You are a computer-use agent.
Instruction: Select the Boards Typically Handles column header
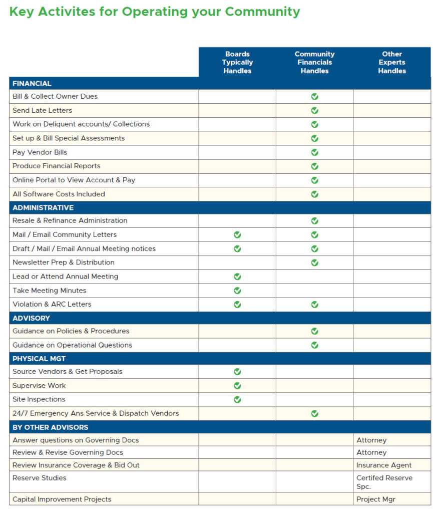pyautogui.click(x=237, y=62)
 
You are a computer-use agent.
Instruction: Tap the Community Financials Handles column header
pyautogui.click(x=314, y=62)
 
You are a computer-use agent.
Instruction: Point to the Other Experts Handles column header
pyautogui.click(x=392, y=62)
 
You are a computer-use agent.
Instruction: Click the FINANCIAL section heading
pyautogui.click(x=32, y=84)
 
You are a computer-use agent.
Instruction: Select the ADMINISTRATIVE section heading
pyautogui.click(x=43, y=208)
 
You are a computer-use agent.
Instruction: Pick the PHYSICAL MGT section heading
pyautogui.click(x=39, y=359)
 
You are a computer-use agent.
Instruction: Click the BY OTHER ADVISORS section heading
pyautogui.click(x=50, y=427)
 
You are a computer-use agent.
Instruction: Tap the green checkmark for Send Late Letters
pyautogui.click(x=314, y=110)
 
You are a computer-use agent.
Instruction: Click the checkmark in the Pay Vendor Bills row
pyautogui.click(x=314, y=152)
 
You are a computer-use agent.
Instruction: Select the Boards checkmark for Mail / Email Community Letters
pyautogui.click(x=237, y=234)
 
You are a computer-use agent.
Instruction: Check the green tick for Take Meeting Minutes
pyautogui.click(x=237, y=291)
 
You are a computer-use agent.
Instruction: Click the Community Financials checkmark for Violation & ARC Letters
pyautogui.click(x=314, y=304)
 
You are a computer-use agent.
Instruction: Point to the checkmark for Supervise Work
pyautogui.click(x=237, y=386)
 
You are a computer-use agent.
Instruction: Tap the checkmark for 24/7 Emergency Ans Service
pyautogui.click(x=314, y=413)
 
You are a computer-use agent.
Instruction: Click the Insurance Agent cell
pyautogui.click(x=384, y=465)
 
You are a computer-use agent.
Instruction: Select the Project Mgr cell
pyautogui.click(x=376, y=499)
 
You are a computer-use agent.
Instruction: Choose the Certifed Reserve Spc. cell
pyautogui.click(x=384, y=482)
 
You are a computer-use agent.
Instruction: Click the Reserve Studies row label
pyautogui.click(x=40, y=478)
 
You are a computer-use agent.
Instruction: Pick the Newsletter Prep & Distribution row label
pyautogui.click(x=64, y=263)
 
